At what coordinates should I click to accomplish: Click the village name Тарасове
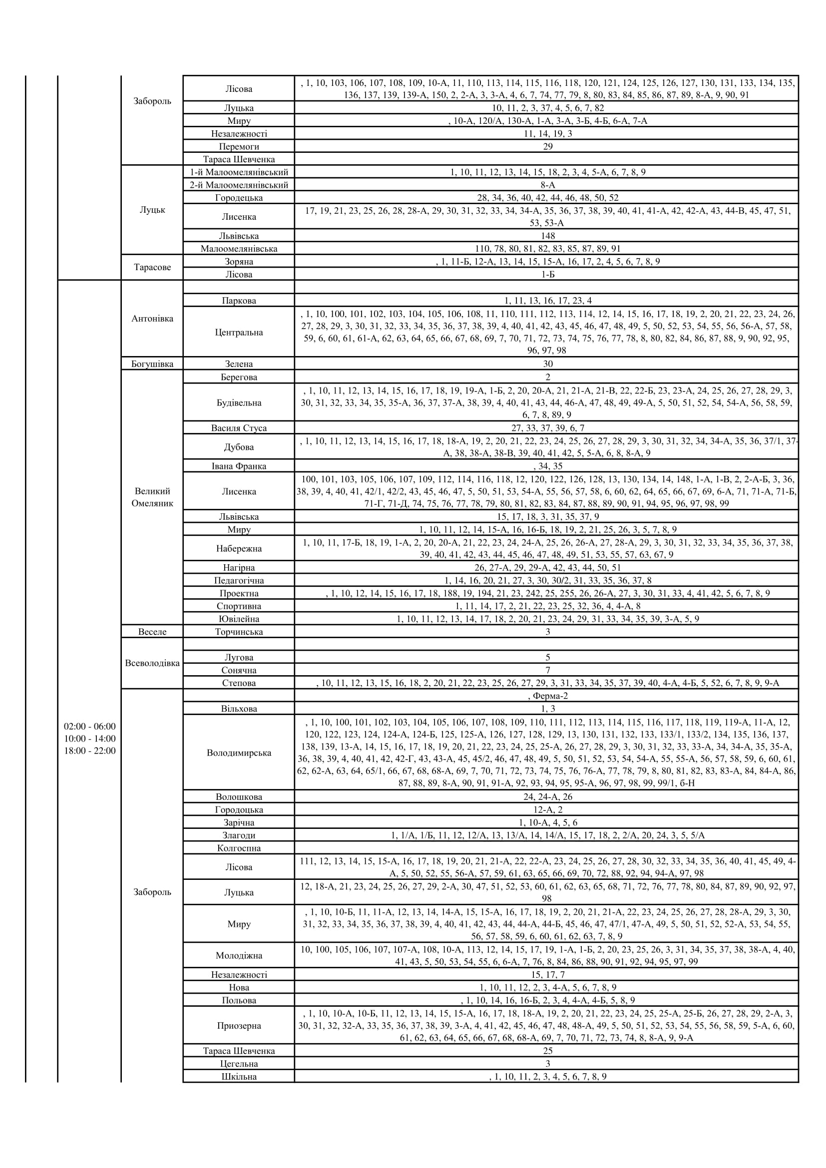point(152,267)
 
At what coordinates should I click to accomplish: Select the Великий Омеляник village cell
point(152,497)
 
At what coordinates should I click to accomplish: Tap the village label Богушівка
point(152,364)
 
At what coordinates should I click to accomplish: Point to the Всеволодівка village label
point(152,663)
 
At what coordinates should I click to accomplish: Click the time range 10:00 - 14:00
point(89,738)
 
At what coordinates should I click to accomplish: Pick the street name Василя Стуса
point(239,428)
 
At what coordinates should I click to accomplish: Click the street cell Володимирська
point(239,753)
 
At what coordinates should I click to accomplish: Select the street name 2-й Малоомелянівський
point(239,185)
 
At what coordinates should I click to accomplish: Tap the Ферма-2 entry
point(548,696)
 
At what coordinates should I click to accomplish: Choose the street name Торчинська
point(239,631)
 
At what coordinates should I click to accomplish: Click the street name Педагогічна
point(239,580)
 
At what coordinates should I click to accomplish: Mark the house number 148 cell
point(547,236)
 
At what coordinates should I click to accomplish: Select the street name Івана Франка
point(239,466)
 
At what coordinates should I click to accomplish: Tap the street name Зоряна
point(239,262)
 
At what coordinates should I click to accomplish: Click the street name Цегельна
point(239,1063)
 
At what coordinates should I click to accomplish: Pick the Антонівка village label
point(152,319)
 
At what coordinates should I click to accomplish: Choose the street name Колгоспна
point(239,848)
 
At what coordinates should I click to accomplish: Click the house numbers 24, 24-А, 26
point(547,796)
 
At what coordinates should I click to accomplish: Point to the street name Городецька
point(239,197)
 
